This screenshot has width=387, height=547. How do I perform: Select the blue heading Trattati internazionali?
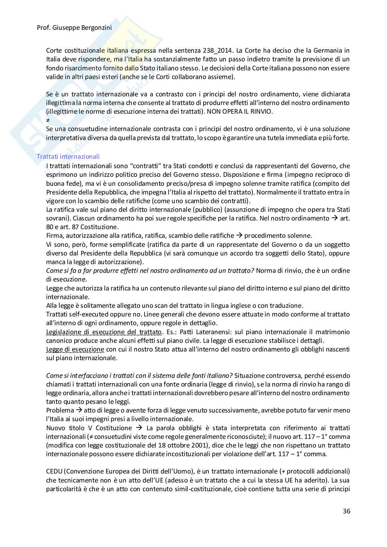pyautogui.click(x=68, y=156)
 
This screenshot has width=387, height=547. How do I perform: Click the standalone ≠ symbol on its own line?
pyautogui.click(x=48, y=120)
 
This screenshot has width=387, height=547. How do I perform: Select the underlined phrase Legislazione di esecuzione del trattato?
pyautogui.click(x=104, y=332)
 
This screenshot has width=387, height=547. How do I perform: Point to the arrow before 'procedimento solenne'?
pyautogui.click(x=239, y=236)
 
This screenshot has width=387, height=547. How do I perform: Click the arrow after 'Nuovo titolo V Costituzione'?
pyautogui.click(x=139, y=428)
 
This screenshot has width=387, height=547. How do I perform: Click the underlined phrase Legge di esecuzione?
pyautogui.click(x=75, y=349)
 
